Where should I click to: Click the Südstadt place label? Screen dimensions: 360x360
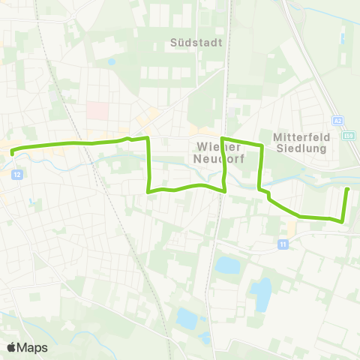tap(196, 43)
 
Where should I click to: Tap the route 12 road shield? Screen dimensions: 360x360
tap(16, 174)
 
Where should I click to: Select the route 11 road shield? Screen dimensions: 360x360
tap(283, 244)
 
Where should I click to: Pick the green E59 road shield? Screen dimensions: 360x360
tap(349, 136)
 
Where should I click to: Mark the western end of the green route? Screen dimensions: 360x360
tap(12, 151)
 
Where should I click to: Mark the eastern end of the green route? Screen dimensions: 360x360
tap(347, 189)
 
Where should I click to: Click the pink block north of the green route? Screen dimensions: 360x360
tap(97, 110)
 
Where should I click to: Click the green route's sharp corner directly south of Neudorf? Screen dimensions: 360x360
tap(225, 190)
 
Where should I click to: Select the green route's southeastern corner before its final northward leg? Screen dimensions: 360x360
tap(342, 221)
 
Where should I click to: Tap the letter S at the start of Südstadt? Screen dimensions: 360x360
tap(174, 43)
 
